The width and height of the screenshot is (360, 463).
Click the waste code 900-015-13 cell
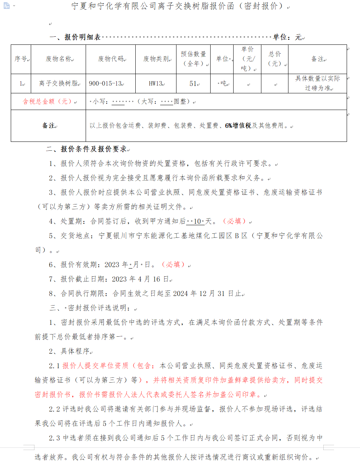pos(106,84)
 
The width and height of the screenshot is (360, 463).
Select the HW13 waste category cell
pos(156,84)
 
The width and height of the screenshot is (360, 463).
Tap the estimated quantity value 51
pos(193,84)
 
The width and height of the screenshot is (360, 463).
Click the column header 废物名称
pos(59,59)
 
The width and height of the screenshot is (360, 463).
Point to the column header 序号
pos(21,59)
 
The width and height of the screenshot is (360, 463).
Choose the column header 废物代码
pos(111,59)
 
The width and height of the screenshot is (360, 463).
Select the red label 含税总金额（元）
pos(48,101)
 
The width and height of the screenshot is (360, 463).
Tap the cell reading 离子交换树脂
pos(59,84)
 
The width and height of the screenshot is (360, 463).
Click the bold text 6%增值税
pos(238,126)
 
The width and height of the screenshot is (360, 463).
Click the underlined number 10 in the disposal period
pos(197,221)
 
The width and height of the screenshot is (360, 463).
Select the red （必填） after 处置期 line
pos(235,221)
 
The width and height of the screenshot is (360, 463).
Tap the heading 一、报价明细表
pos(75,37)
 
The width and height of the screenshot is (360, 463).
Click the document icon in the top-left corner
pos(6,6)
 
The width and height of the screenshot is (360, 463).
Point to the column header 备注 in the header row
pos(317,59)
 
